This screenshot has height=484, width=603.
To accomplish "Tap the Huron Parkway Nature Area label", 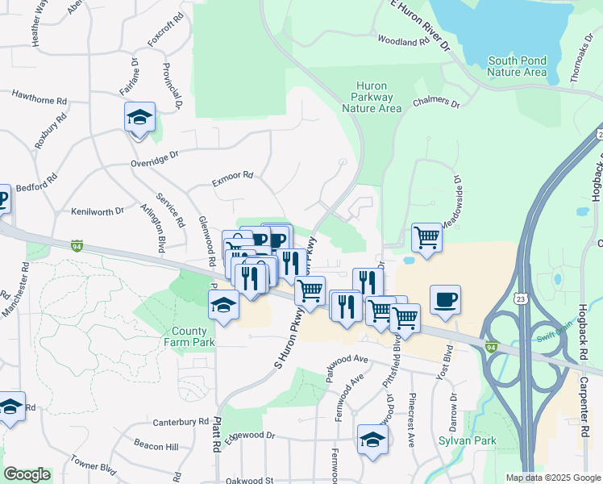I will click(x=372, y=97).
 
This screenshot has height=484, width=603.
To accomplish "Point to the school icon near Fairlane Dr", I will click(x=139, y=117).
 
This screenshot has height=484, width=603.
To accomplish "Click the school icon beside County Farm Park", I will click(x=224, y=306).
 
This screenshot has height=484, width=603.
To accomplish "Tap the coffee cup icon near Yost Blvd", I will click(x=445, y=300).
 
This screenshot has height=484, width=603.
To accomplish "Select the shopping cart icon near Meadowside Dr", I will click(x=426, y=238).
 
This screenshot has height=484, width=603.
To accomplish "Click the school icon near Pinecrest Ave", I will click(x=372, y=440).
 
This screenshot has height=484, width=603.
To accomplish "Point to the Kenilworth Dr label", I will click(x=97, y=211).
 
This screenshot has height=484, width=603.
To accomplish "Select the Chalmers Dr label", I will click(x=435, y=104).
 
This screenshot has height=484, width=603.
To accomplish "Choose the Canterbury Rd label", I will click(x=181, y=422).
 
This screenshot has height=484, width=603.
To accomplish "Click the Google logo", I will click(x=27, y=474).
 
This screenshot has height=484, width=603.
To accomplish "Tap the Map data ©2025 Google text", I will click(x=552, y=478).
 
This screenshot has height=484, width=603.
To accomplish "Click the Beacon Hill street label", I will click(x=156, y=446).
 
